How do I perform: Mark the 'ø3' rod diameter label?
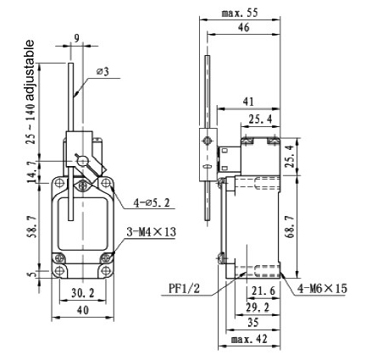(102, 71)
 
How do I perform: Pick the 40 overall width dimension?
(82, 311)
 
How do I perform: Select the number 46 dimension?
(242, 29)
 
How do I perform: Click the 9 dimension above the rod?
(76, 37)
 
